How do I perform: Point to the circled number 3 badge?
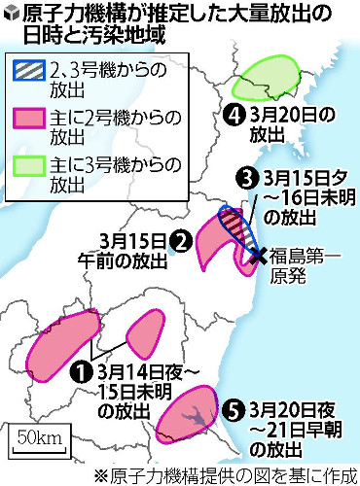coord(247,178)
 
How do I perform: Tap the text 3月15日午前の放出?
coord(131,250)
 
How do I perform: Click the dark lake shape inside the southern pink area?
coord(195,415)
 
